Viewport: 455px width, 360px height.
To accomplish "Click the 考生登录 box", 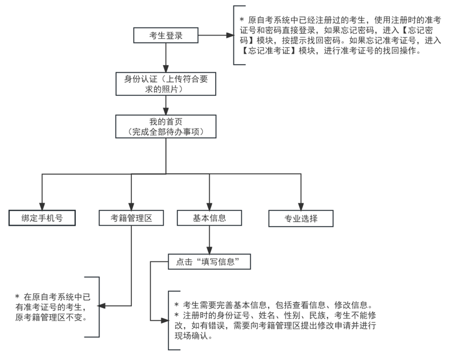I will pos(166,36).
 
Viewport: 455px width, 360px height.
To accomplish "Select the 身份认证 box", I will pos(166,83).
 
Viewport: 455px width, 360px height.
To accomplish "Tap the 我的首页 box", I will pos(166,126).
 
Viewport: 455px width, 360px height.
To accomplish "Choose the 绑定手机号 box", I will pos(41,218).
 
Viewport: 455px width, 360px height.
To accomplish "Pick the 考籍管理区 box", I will pos(131,218).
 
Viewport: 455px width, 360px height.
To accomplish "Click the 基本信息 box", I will pos(209,218).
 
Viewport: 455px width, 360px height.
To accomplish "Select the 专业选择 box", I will pos(301,218).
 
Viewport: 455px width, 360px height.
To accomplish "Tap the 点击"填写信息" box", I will pos(209,262).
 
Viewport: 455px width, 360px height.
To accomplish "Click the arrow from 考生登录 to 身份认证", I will pos(166,57).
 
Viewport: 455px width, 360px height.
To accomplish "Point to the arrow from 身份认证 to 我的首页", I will pos(166,105).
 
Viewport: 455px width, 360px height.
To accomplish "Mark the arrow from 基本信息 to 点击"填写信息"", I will pos(209,239).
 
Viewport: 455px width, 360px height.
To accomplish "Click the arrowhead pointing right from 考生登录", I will pos(230,36).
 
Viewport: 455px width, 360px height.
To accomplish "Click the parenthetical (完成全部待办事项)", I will pos(166,132).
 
